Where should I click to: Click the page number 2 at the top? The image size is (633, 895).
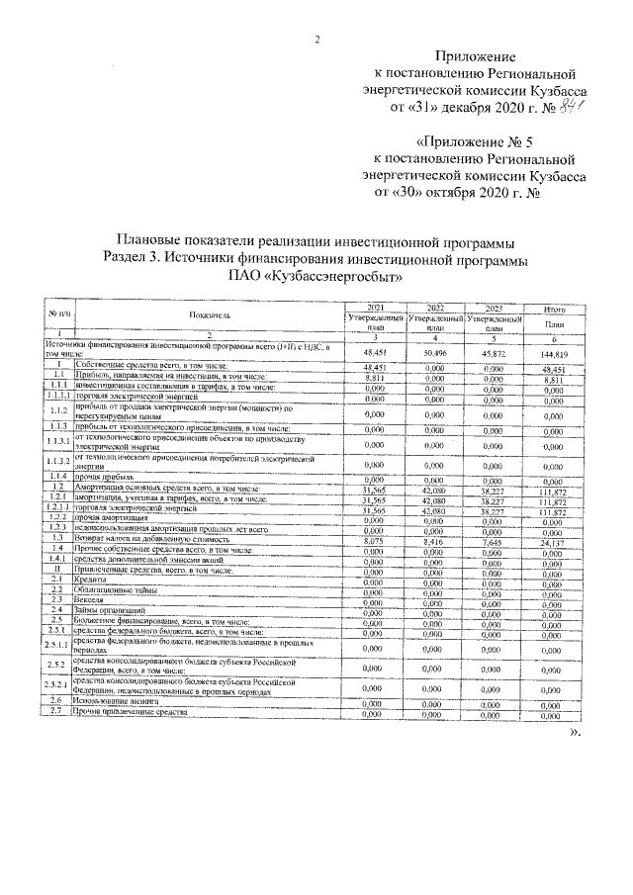(317, 40)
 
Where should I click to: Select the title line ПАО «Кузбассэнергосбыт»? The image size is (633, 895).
(316, 275)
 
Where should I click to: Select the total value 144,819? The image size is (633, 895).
(554, 352)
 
